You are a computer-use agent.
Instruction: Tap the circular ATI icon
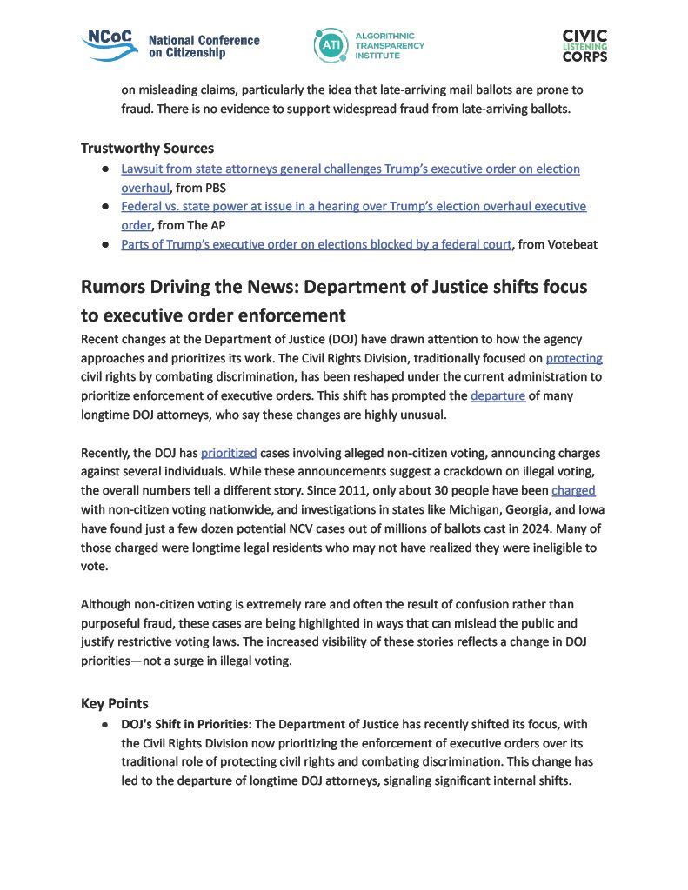point(331,45)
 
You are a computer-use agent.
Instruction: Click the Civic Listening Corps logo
point(584,45)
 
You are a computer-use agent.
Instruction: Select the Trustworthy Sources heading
point(147,148)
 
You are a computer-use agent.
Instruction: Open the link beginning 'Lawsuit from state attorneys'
point(350,169)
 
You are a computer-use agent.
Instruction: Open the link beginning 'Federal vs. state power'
point(353,206)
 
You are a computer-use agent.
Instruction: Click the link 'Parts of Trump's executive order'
point(316,244)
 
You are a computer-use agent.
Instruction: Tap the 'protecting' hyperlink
point(574,357)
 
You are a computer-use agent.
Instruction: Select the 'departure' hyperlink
point(498,395)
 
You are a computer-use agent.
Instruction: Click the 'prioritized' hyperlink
point(229,453)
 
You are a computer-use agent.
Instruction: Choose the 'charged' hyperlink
point(573,491)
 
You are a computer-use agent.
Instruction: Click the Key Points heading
point(115,703)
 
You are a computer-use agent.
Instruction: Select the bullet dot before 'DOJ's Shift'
point(104,724)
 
